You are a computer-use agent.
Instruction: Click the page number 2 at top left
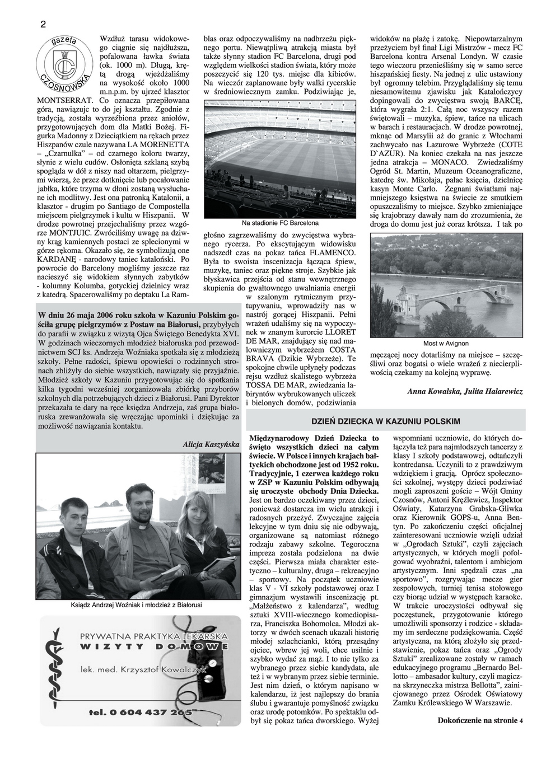coord(43,24)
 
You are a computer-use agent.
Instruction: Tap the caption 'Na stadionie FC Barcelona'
coord(280,223)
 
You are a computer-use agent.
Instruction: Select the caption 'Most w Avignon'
coord(446,343)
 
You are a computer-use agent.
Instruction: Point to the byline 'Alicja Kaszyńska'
coord(211,444)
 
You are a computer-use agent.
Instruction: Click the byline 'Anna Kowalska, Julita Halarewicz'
coord(465,392)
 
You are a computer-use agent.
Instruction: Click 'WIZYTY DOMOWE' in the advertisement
coord(154,647)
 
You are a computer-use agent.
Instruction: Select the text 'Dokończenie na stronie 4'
coord(480,720)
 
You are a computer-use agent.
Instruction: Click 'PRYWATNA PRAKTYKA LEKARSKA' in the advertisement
coord(154,636)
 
